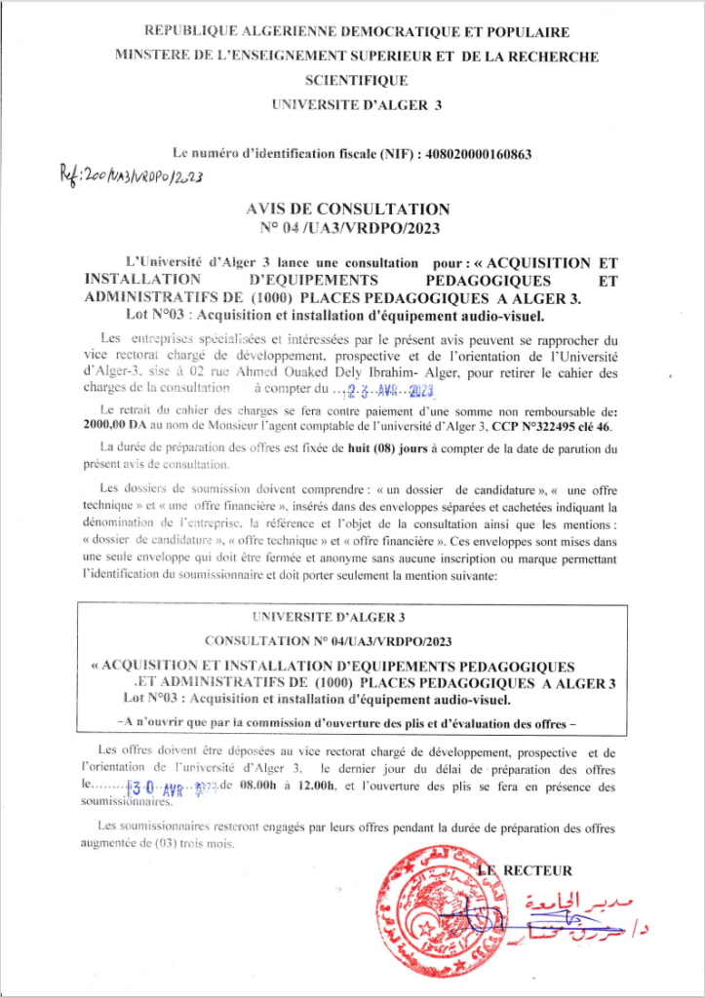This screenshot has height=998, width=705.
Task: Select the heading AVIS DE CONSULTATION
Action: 352,209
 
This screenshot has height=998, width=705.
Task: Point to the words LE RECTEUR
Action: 528,870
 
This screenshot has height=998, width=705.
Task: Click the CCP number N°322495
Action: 543,426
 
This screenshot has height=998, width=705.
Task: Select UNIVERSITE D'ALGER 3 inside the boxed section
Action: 352,618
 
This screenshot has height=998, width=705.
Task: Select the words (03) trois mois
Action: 194,843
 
